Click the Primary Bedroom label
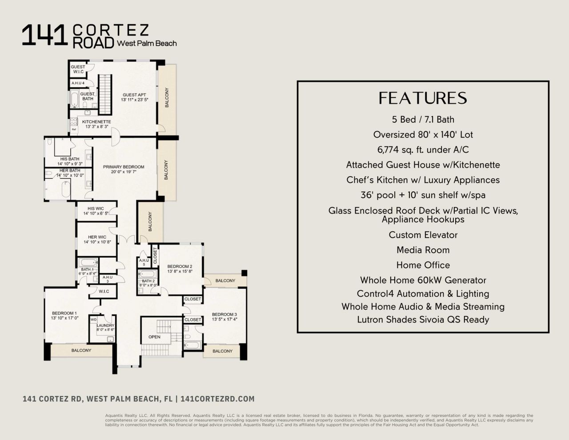tap(124, 167)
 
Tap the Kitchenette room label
tap(96, 122)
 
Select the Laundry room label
tap(105, 325)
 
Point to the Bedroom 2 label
tap(180, 266)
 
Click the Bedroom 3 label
tap(224, 314)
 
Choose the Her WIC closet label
tap(96, 237)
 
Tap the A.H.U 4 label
tap(78, 83)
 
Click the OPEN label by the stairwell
tap(154, 337)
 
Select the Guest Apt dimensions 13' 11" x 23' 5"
tap(134, 100)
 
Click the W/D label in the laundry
tap(94, 319)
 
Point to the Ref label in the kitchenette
tap(74, 129)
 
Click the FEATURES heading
tap(423, 98)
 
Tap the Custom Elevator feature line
tap(423, 235)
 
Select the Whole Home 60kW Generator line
tap(423, 280)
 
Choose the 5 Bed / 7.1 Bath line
tap(423, 119)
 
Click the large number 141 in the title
tap(44, 36)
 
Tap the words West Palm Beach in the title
tap(147, 44)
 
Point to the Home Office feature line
tap(423, 265)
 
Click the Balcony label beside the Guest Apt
tap(167, 97)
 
